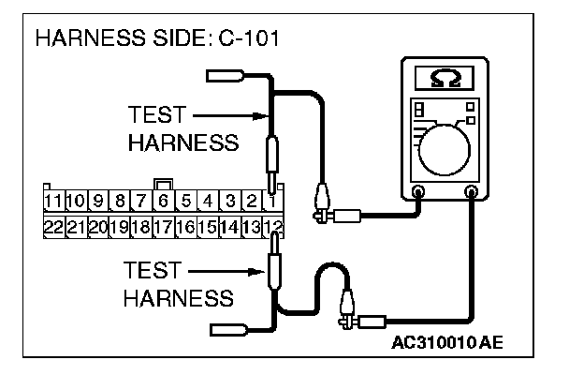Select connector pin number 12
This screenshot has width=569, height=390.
(273, 226)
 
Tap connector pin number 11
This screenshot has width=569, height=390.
(53, 201)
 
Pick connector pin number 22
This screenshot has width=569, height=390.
(53, 226)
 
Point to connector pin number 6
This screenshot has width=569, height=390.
(163, 201)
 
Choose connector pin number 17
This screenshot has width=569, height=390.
(163, 226)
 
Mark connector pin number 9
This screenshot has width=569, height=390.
(97, 201)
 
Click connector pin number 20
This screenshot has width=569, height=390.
(97, 226)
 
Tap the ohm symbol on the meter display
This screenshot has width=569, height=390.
(442, 81)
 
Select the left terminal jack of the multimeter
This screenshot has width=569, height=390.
(417, 193)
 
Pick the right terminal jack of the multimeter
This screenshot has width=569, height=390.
(471, 193)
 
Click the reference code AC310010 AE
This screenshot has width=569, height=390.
(447, 342)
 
